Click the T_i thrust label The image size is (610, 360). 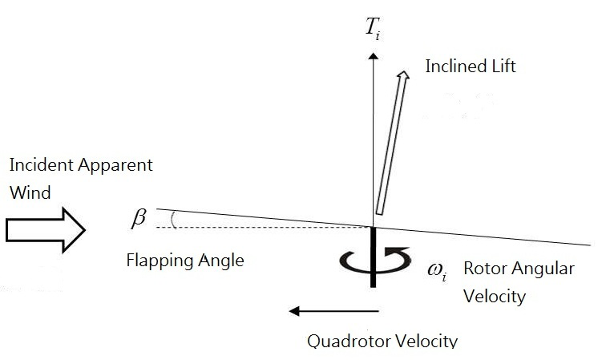[x=372, y=29]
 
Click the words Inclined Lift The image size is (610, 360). [x=471, y=67]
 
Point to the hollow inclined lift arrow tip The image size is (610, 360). [x=405, y=74]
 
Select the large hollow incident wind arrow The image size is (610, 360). [x=45, y=230]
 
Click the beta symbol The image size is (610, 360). [x=139, y=217]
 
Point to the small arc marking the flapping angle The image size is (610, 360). [x=176, y=219]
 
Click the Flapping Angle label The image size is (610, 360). [x=184, y=261]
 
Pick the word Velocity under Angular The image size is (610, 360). [x=495, y=296]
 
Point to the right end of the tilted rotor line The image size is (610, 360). [x=590, y=245]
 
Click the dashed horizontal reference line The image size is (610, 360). [x=265, y=227]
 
